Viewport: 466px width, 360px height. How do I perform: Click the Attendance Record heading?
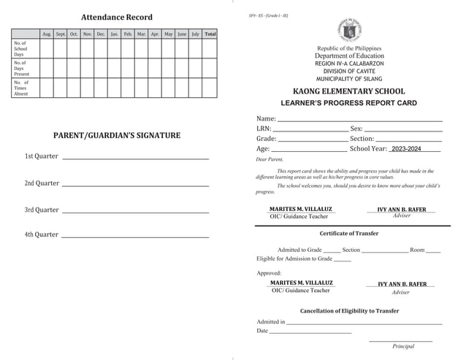pos(117,17)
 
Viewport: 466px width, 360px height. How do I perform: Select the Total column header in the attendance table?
pos(210,34)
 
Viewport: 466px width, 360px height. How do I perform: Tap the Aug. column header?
pos(47,34)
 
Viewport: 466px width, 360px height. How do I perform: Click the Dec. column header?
pos(101,34)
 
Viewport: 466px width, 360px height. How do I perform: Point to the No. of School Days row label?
pos(20,49)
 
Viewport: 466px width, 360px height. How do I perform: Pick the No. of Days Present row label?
pos(21,68)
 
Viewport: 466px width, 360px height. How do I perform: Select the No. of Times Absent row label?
pos(20,88)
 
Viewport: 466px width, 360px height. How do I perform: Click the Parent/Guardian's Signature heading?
pos(117,136)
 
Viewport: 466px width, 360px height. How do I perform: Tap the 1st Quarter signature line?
pos(136,158)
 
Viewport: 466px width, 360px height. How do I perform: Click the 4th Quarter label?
pos(42,234)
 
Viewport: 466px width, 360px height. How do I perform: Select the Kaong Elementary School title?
pos(348,91)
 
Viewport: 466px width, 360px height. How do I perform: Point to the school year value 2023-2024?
pos(406,149)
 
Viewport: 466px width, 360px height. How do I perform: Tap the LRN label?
pos(264,129)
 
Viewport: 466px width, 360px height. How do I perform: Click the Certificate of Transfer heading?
pos(348,234)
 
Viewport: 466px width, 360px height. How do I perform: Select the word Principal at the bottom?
pos(403,346)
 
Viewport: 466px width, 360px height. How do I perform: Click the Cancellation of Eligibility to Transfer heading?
pos(349,310)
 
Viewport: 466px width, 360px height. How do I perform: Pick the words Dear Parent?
pos(270,159)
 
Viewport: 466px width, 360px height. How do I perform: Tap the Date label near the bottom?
pos(262,331)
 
